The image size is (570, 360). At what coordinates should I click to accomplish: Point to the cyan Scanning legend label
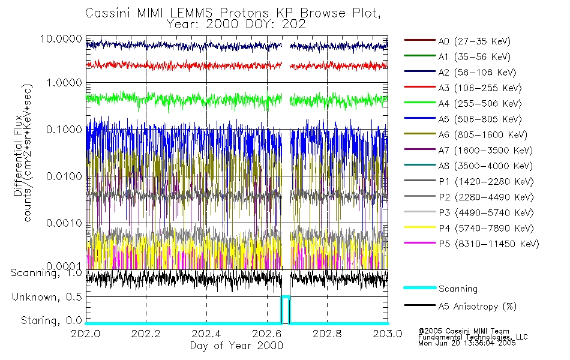(x=458, y=289)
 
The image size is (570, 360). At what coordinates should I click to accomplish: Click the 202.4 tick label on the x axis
(x=206, y=334)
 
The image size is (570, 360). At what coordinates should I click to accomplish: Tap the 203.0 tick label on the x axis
(x=387, y=334)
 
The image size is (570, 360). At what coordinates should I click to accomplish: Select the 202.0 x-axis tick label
(x=86, y=334)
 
